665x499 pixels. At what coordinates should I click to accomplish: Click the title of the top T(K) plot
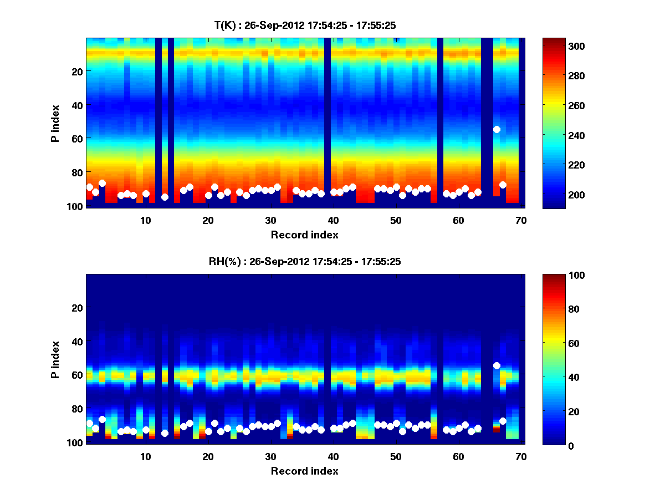tap(305, 25)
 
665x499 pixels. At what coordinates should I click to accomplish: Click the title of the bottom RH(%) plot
tap(305, 261)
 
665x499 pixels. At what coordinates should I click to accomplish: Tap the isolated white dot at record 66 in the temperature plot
tap(497, 129)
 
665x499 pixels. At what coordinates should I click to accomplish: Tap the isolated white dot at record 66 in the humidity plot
tap(497, 365)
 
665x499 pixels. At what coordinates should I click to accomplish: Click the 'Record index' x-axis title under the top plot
tap(305, 235)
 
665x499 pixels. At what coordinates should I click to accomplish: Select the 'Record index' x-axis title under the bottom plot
tap(305, 471)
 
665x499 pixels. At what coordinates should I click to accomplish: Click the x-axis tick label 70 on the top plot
tap(521, 220)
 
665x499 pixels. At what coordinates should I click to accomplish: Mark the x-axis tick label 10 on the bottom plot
tap(146, 456)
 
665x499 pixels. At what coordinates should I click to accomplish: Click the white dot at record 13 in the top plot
tap(165, 197)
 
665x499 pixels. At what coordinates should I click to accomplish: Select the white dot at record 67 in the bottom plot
tap(503, 421)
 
